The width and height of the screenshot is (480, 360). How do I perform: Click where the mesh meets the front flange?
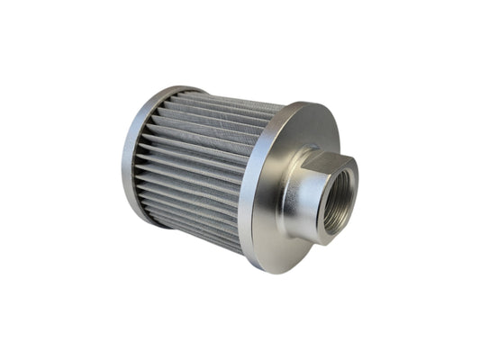(x=256, y=180)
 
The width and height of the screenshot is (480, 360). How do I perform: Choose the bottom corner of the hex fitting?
(x=314, y=241)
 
